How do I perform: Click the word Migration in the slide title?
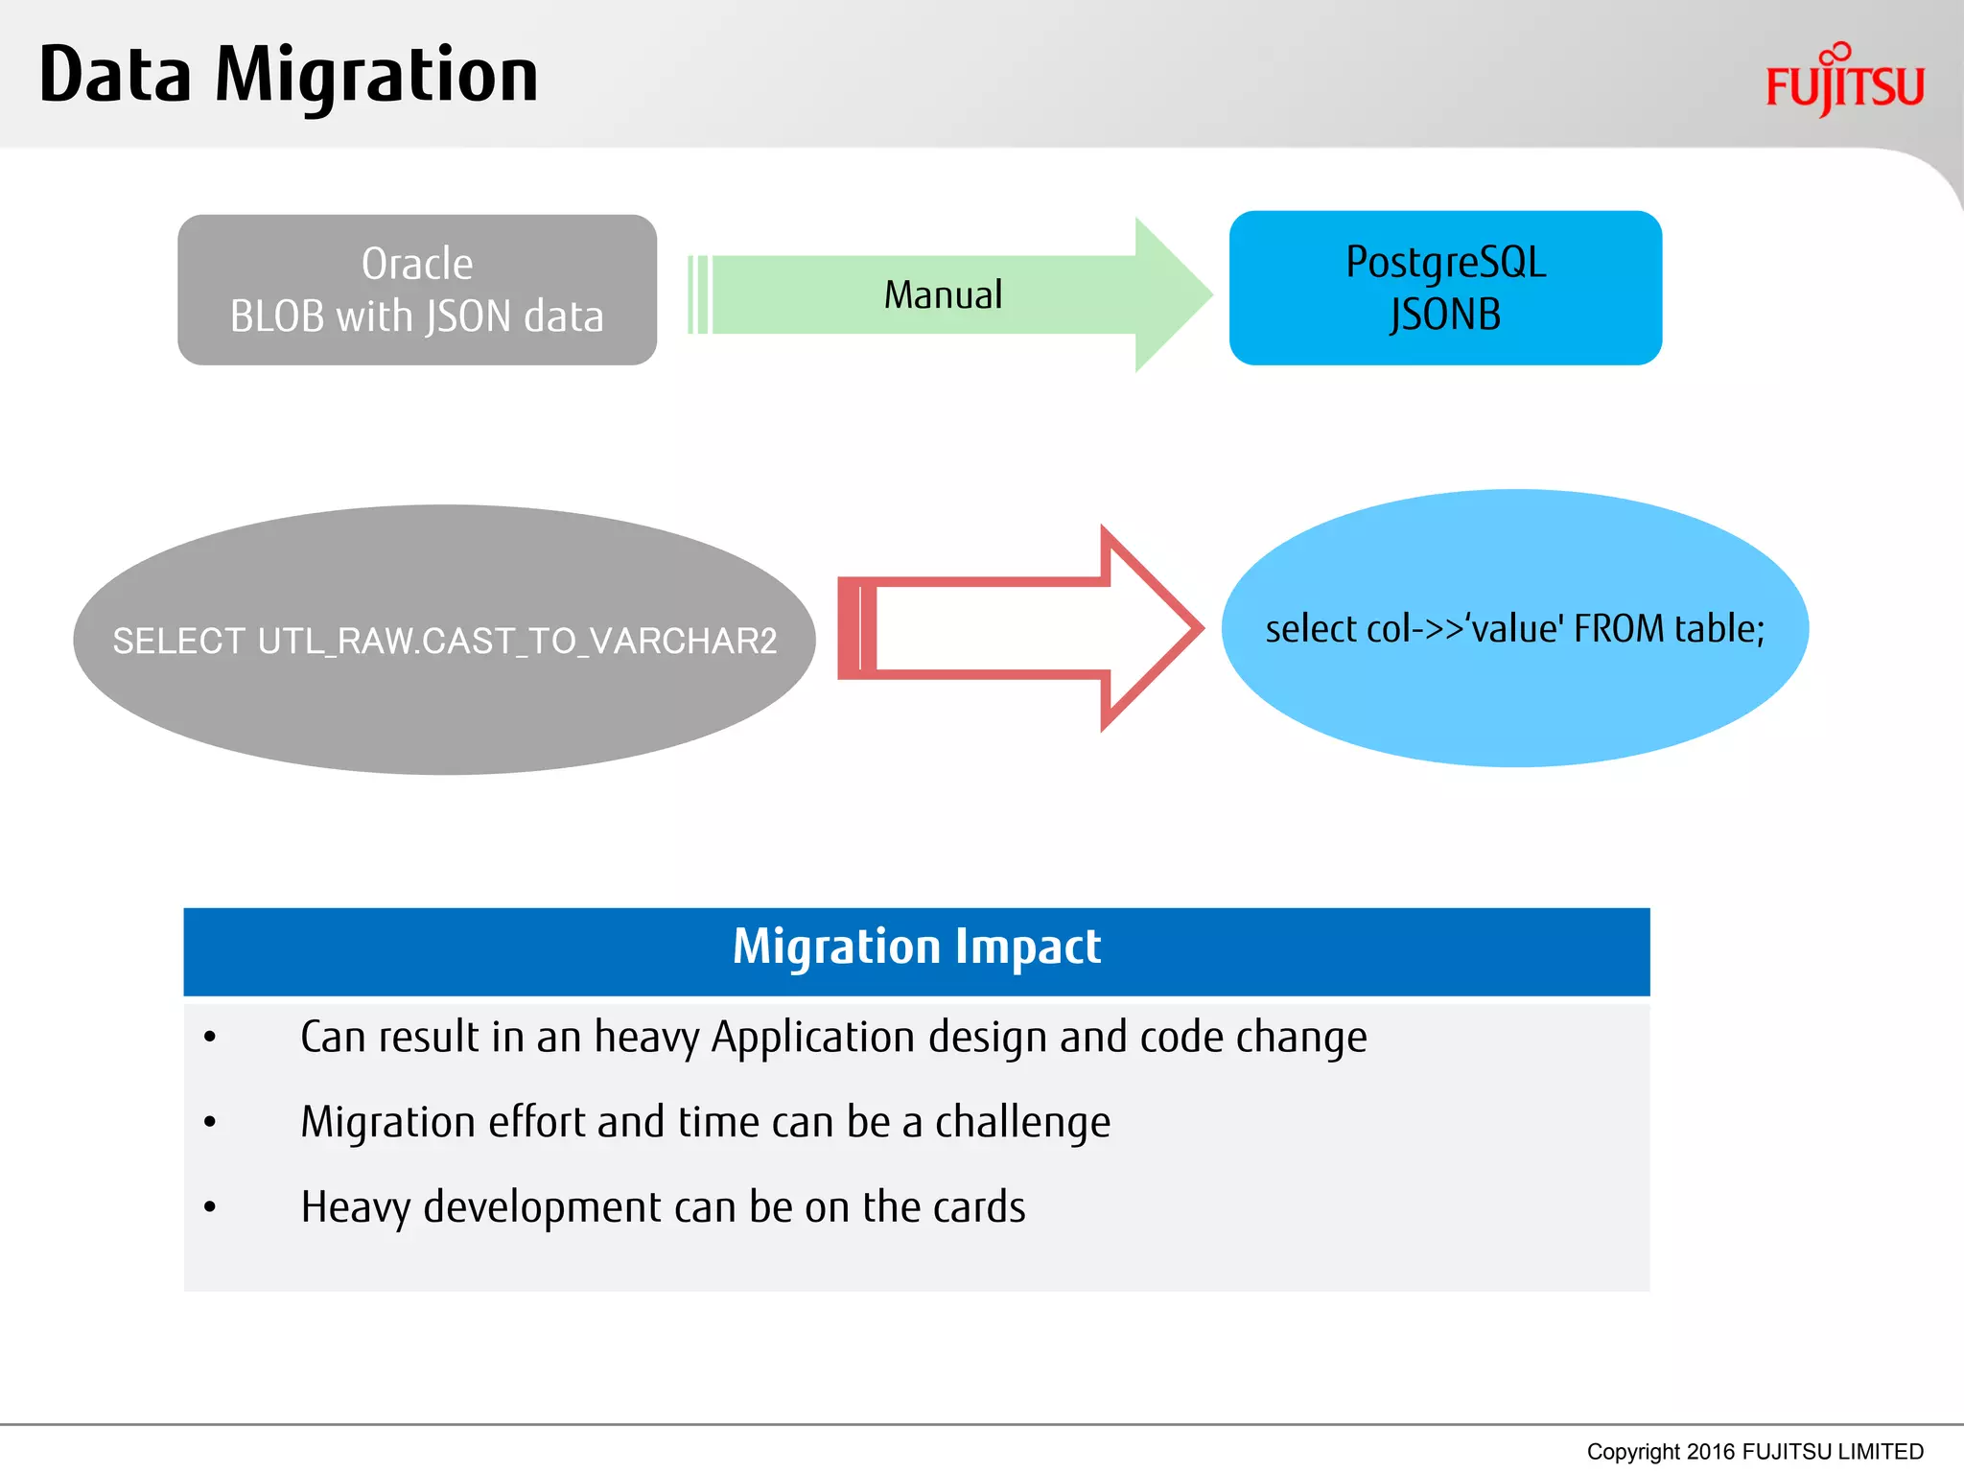[x=376, y=77]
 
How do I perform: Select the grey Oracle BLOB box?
[x=417, y=290]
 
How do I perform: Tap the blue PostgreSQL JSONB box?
[x=1445, y=288]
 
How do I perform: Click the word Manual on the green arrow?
[x=943, y=295]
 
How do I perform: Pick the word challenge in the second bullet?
[x=1022, y=1123]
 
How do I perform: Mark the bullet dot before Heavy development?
[x=210, y=1207]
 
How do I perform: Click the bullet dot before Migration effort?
[x=210, y=1122]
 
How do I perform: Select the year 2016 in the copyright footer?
[x=1711, y=1452]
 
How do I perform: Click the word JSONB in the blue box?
[x=1445, y=316]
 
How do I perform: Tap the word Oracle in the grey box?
[x=417, y=264]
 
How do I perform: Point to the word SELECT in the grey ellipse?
[x=178, y=641]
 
